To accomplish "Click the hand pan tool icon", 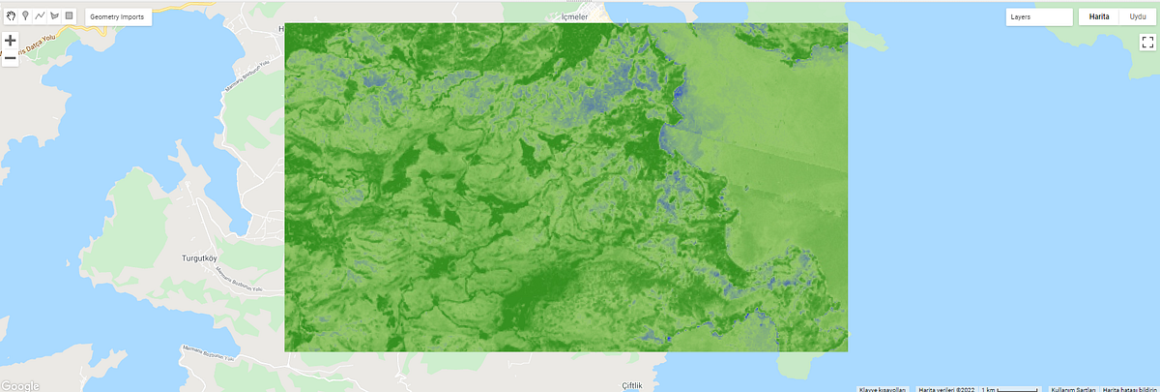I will coord(11,16).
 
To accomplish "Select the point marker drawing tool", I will coord(25,16).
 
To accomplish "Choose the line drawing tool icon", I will coord(40,16).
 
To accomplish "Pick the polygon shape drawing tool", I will coord(54,16).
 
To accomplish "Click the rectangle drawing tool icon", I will coord(69,16).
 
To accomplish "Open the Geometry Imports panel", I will coord(117,17).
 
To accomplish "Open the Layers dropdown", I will coord(1038,17).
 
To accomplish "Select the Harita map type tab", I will coord(1099,17).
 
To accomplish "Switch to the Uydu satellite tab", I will coord(1138,17).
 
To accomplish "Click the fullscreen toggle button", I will coord(1147,42).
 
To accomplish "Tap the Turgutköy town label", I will coord(202,259).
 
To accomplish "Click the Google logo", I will coord(20,385).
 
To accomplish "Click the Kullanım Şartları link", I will coord(1072,389).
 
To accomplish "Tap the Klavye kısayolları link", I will coord(883,389).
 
